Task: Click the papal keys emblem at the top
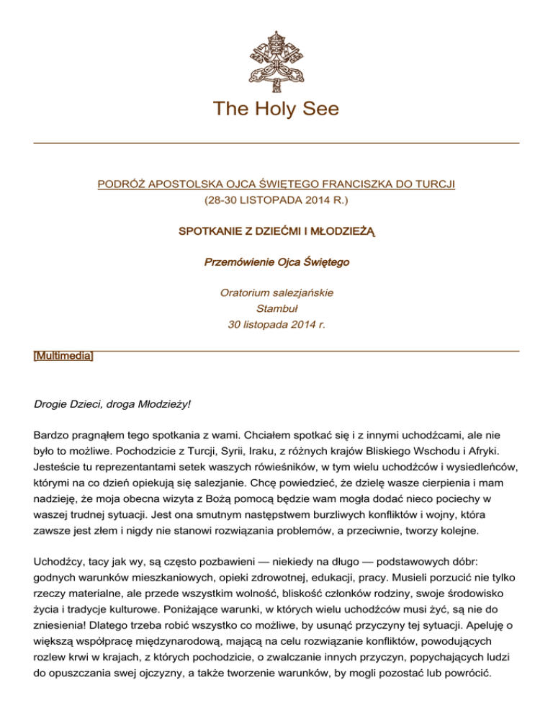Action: click(276, 61)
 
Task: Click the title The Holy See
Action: click(276, 109)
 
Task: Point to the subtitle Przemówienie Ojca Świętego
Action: click(276, 263)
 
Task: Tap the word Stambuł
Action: click(276, 309)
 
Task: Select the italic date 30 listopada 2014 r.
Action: click(276, 325)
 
